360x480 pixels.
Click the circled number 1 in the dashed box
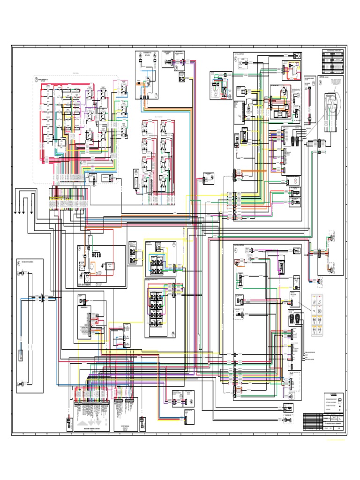tap(36, 79)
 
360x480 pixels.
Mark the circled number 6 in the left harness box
tap(19, 262)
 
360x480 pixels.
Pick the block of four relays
tap(156, 264)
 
